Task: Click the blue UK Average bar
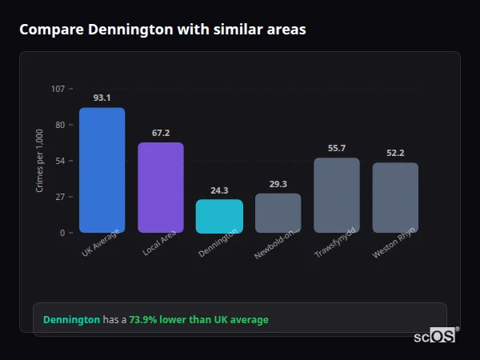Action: coord(102,170)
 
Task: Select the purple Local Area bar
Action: coord(161,187)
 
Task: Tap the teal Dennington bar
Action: coord(219,216)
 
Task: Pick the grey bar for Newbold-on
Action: coord(278,213)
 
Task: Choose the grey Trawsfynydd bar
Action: coord(337,195)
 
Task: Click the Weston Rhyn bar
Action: coord(395,198)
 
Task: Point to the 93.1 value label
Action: coord(102,98)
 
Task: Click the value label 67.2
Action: coord(161,133)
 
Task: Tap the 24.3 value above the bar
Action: coord(219,190)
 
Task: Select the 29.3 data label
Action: coord(278,184)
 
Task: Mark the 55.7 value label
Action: coord(337,148)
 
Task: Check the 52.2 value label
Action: coord(395,153)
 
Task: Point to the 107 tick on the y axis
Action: coord(58,89)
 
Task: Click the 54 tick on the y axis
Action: coord(60,161)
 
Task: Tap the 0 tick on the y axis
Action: coord(62,233)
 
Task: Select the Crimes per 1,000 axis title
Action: coord(40,161)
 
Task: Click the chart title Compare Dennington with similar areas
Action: coord(162,30)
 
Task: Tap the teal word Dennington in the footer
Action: coord(71,319)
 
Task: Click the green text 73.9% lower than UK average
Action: coord(198,319)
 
